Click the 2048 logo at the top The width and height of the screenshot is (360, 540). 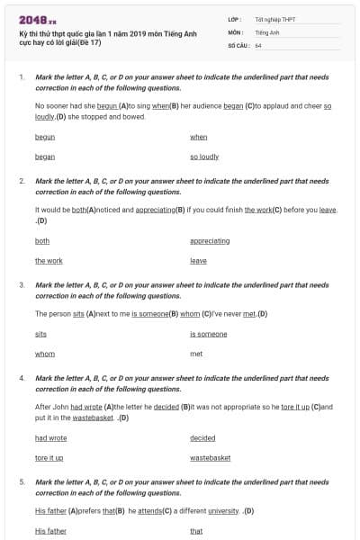tap(38, 20)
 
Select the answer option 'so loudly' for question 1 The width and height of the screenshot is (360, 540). tap(204, 157)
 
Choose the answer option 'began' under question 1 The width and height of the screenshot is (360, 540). tap(45, 157)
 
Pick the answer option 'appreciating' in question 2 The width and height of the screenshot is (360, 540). tap(210, 241)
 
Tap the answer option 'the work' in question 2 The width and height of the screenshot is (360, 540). tap(49, 261)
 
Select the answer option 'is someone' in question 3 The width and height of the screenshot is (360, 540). tap(208, 334)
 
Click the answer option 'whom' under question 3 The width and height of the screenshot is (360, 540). tap(45, 354)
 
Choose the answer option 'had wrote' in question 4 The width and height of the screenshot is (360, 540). tap(50, 438)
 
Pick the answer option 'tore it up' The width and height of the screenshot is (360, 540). tap(49, 458)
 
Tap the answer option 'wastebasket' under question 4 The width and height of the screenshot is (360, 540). tap(210, 458)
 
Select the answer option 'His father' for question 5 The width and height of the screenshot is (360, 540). tap(50, 531)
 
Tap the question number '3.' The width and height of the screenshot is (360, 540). tap(22, 284)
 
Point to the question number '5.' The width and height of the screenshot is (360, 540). tap(22, 481)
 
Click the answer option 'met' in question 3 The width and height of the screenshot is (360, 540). tap(196, 354)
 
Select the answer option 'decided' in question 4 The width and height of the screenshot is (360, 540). tap(202, 438)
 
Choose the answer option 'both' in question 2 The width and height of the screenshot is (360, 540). tap(42, 241)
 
